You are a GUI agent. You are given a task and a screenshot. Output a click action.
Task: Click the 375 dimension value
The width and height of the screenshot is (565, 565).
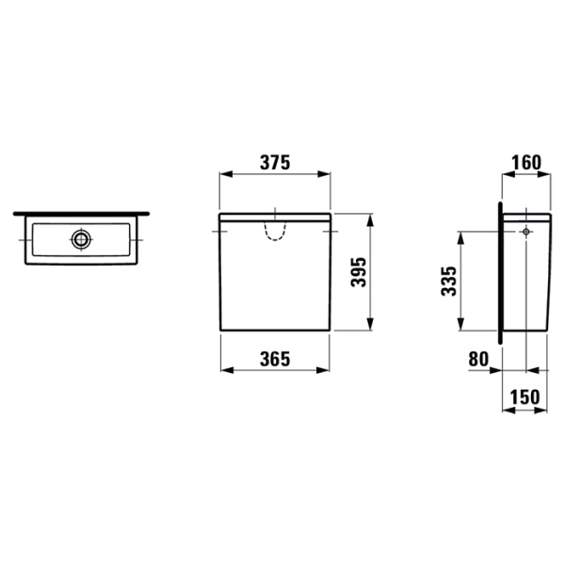[x=275, y=163]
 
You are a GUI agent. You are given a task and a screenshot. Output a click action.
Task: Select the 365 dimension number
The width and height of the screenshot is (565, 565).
[x=275, y=359]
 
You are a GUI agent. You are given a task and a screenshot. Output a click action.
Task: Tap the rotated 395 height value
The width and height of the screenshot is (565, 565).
[x=359, y=272]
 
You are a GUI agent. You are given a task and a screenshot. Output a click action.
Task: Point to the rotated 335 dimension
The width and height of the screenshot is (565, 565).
[x=448, y=281]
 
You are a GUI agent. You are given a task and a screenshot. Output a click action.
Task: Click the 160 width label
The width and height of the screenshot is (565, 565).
[x=526, y=163]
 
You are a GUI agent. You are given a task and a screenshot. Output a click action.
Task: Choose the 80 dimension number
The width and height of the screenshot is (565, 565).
[x=478, y=359]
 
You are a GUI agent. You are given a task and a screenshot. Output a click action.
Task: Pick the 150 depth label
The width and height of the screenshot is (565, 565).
[x=525, y=396]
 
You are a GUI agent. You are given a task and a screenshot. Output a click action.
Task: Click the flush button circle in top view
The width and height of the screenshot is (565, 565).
[x=81, y=239]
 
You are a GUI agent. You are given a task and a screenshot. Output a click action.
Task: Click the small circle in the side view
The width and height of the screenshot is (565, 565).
[x=526, y=232]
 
